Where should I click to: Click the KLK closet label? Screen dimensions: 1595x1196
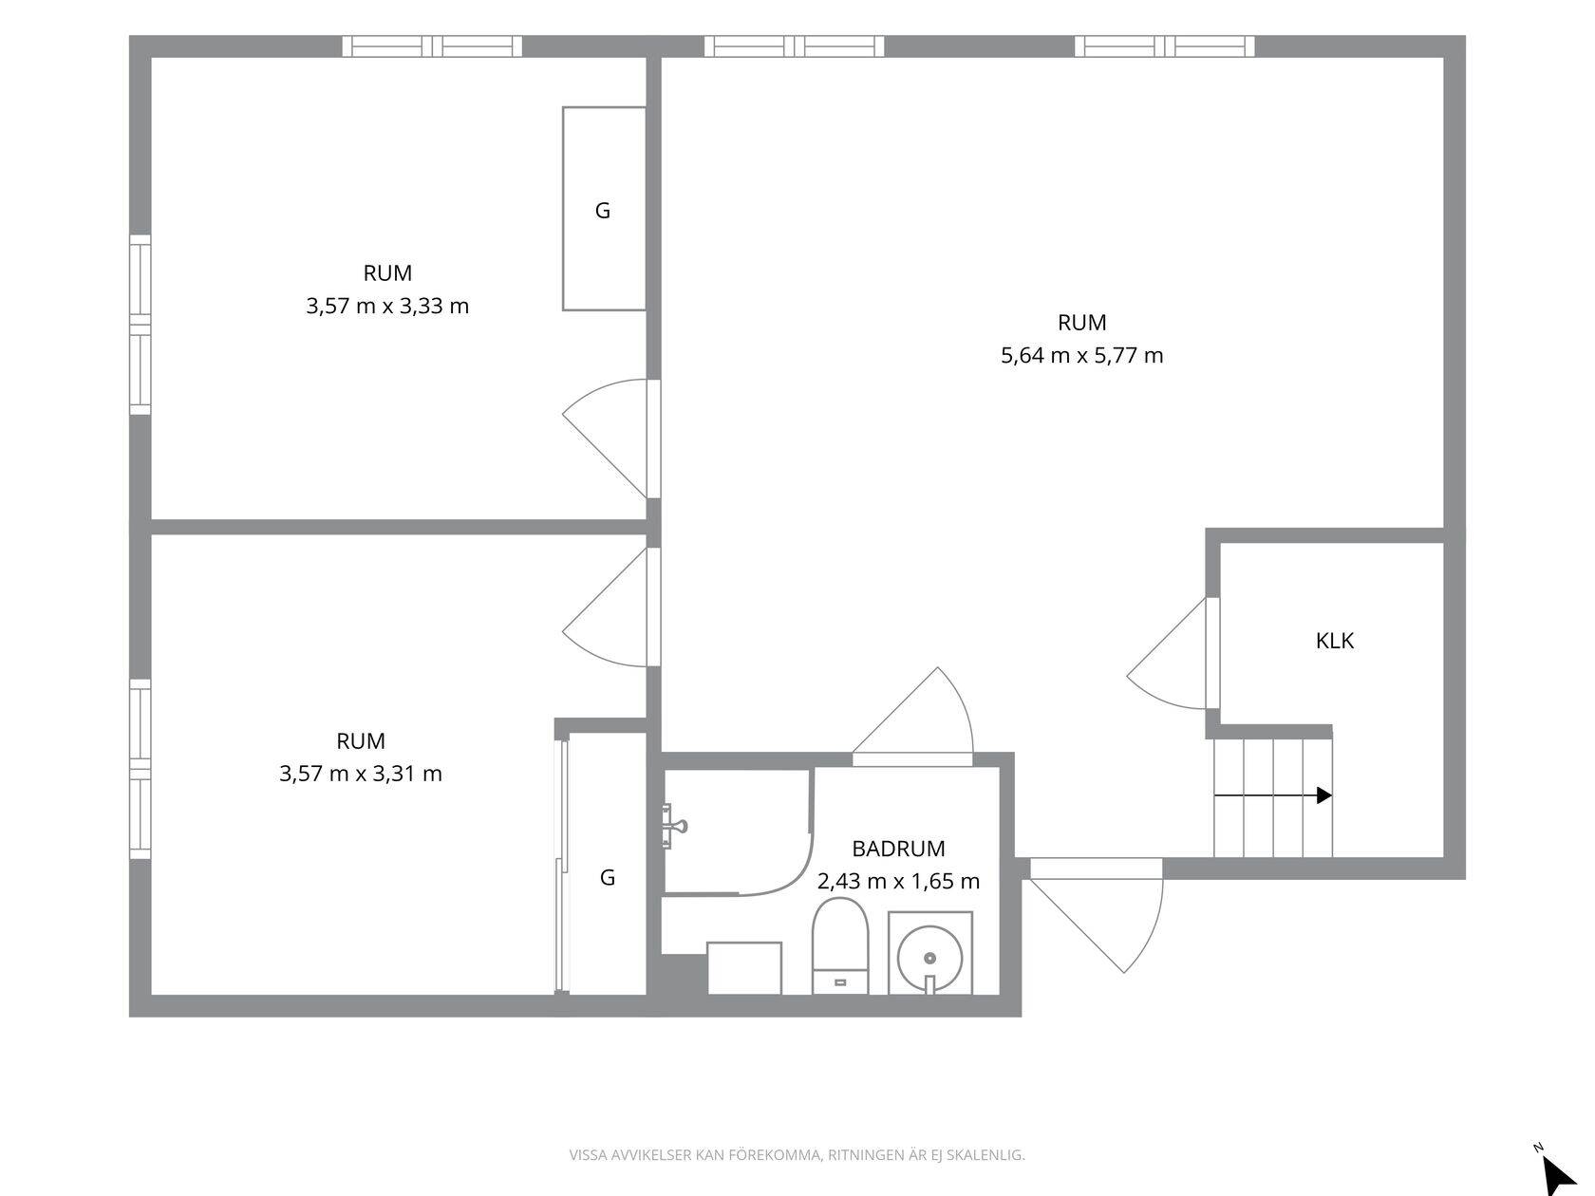[x=1334, y=641]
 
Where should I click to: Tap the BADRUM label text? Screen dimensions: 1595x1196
[x=898, y=849]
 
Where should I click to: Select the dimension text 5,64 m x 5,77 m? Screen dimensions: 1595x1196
[x=1081, y=355]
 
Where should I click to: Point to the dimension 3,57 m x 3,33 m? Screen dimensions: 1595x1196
[x=387, y=306]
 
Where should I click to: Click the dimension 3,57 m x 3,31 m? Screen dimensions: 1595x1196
[x=361, y=774]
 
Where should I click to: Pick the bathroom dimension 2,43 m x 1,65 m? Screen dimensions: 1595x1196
[x=898, y=881]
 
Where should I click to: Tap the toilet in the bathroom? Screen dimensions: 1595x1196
[x=840, y=945]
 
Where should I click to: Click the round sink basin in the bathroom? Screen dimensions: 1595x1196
[x=930, y=958]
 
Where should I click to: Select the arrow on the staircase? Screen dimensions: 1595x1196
[x=1272, y=795]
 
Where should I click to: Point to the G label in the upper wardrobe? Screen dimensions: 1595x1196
[x=602, y=211]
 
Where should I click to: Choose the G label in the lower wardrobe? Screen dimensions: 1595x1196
[x=608, y=877]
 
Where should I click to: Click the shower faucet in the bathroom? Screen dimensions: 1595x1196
[x=674, y=826]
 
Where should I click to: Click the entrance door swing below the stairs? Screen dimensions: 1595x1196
[x=1098, y=916]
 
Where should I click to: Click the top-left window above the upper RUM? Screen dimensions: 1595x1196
[x=432, y=47]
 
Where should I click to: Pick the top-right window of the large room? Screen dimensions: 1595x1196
[x=1165, y=47]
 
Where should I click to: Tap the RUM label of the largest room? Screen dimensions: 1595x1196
[x=1081, y=323]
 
